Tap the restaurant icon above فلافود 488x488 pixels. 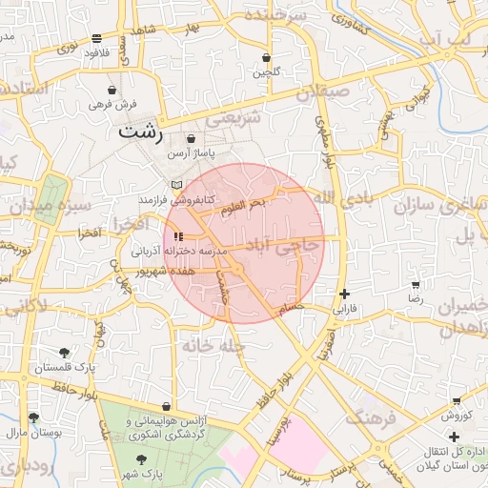pos(97,39)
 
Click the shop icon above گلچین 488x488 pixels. pos(267,58)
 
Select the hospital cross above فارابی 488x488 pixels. pos(344,295)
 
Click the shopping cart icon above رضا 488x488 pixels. pos(416,285)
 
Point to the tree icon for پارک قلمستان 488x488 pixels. pos(64,353)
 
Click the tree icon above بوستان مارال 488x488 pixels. pos(34,417)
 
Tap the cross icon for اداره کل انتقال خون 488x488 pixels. pos(454,436)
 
